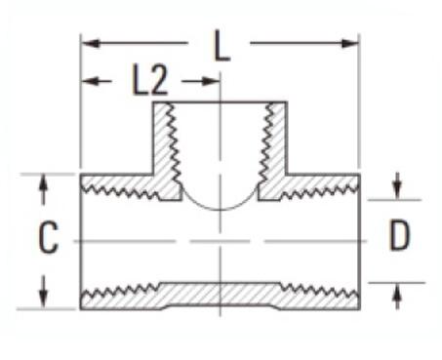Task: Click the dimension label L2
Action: pos(150,82)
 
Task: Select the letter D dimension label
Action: pos(398,236)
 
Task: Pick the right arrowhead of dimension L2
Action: pos(213,81)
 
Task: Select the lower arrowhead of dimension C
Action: pos(44,300)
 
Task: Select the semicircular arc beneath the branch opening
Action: pos(221,207)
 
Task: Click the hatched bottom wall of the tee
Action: pos(221,297)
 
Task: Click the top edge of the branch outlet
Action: pos(221,100)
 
